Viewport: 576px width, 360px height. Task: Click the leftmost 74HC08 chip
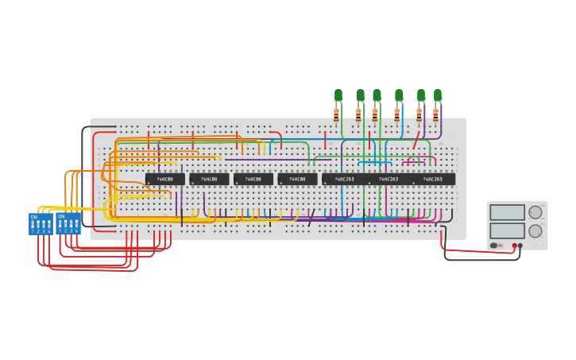[164, 180]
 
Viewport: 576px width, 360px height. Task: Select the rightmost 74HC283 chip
[433, 180]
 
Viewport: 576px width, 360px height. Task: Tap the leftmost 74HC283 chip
[344, 180]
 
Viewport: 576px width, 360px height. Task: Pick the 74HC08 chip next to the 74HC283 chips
[297, 180]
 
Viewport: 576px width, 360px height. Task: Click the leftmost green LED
[338, 95]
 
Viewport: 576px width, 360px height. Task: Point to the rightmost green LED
[437, 95]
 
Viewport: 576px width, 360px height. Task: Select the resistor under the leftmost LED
[336, 114]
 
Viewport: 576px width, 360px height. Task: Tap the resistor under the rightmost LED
[435, 114]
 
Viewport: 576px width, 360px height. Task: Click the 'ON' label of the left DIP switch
[33, 216]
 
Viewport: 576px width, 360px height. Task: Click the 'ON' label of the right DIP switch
[60, 216]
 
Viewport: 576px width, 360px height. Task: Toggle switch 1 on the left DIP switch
[33, 225]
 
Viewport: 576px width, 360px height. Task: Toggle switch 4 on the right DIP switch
[76, 225]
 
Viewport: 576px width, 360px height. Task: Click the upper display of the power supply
[507, 212]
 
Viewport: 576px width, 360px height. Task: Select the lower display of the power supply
[507, 230]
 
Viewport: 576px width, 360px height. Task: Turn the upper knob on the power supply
[535, 212]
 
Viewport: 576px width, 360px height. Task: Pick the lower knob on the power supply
[535, 231]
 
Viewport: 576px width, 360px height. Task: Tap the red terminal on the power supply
[514, 246]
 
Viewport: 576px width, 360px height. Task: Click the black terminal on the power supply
[520, 246]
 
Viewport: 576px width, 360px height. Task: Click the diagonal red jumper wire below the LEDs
[416, 141]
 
